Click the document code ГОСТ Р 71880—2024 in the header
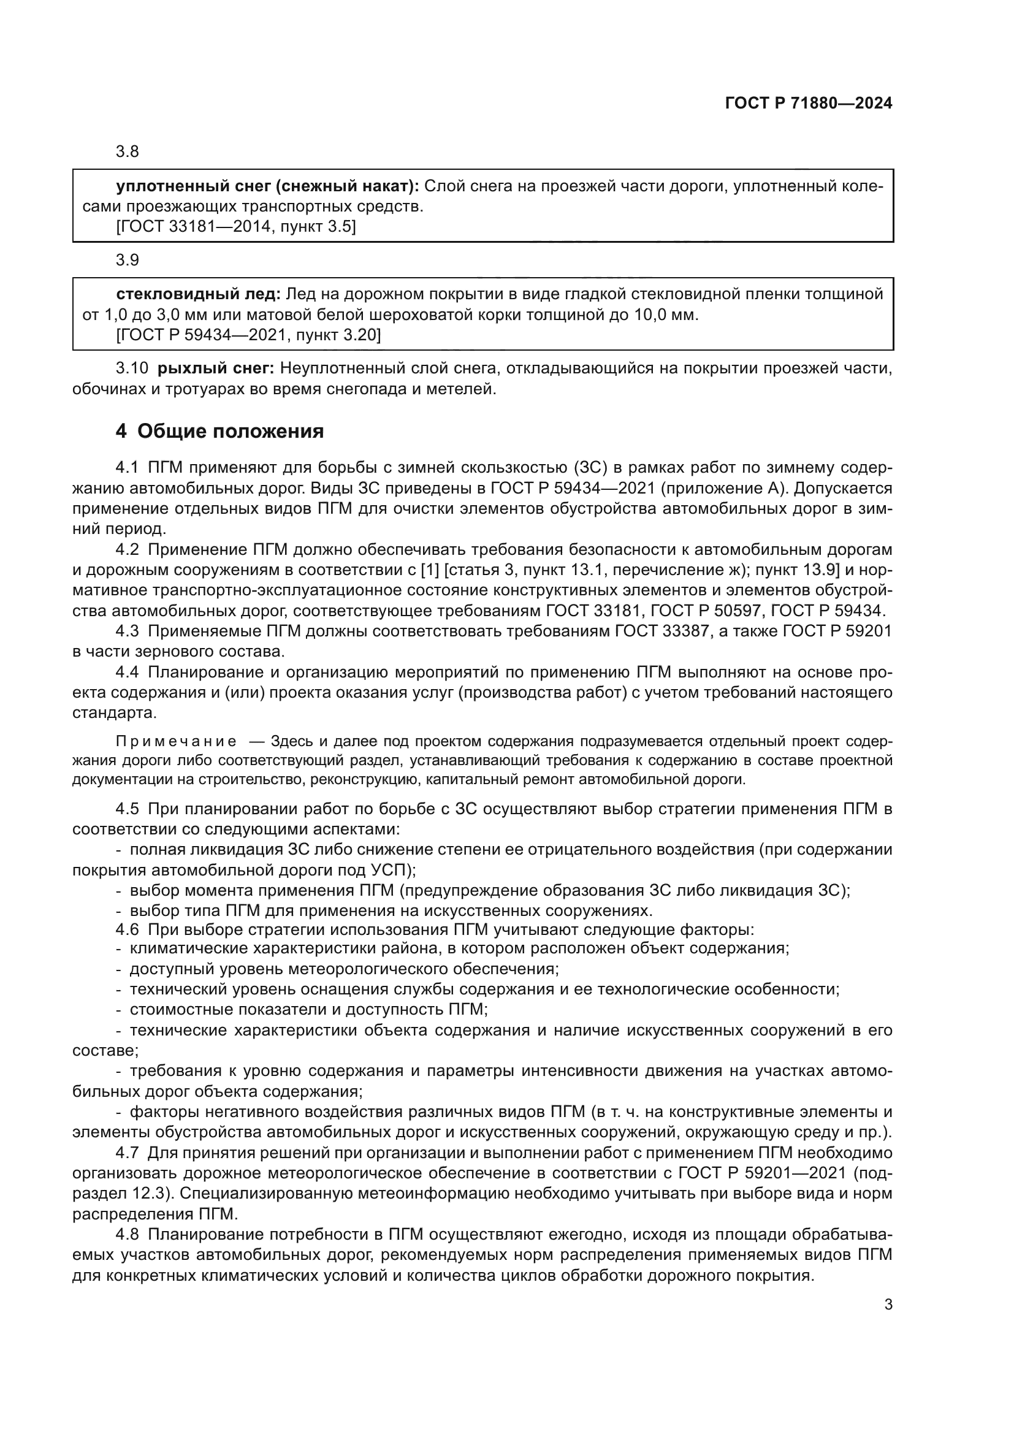point(809,104)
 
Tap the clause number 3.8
point(127,152)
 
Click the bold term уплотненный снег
point(193,186)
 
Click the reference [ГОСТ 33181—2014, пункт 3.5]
point(236,227)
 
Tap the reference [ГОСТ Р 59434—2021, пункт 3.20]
point(248,335)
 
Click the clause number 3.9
point(127,260)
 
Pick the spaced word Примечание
point(176,741)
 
